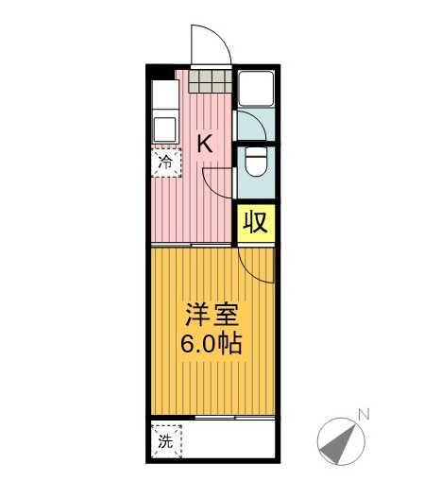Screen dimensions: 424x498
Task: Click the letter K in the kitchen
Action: [x=205, y=144]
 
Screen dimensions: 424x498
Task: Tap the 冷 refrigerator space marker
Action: [x=166, y=163]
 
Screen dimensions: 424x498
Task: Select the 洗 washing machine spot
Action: [x=166, y=441]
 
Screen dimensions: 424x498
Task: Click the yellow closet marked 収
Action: [x=256, y=223]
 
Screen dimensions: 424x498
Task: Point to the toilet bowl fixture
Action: [x=256, y=162]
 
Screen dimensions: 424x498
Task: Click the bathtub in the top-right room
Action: [x=256, y=88]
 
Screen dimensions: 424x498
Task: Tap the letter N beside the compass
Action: [x=364, y=415]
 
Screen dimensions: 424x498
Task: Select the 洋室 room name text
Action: [x=212, y=315]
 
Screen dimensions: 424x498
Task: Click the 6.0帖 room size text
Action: [x=211, y=344]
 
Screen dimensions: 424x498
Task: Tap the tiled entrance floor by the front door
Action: [x=210, y=81]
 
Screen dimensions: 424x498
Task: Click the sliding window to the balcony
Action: [x=235, y=418]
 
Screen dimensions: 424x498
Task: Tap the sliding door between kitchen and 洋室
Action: [x=191, y=245]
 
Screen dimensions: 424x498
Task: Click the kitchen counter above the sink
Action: [x=165, y=94]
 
